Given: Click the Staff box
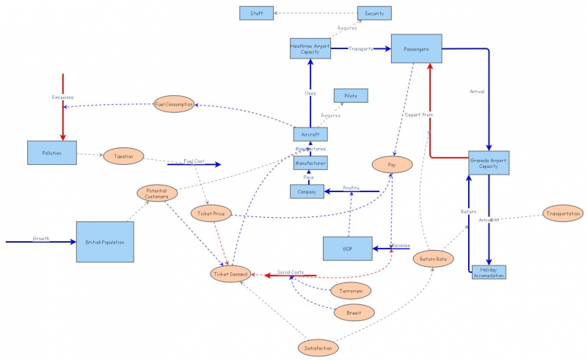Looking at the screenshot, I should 257,12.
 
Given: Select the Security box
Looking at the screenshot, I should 374,12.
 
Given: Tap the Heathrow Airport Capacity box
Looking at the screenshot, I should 310,48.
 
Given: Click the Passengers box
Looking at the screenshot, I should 416,48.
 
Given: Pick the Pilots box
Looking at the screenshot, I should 350,95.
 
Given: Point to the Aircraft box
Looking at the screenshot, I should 310,134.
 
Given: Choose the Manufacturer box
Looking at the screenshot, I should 310,164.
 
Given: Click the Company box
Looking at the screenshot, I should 307,191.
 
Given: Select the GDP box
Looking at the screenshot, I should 348,249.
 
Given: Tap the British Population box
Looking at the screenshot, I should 105,241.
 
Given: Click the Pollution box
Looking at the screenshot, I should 51,153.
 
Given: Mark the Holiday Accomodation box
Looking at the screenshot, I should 489,272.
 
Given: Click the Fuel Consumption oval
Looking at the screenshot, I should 174,104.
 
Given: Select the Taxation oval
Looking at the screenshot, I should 123,156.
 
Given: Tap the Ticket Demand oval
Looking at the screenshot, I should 230,274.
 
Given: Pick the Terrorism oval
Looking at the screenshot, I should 351,290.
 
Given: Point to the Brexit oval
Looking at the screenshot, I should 354,312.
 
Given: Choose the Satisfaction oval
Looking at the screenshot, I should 318,348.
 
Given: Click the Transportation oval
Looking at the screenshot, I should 563,213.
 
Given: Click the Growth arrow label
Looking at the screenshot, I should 40,238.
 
